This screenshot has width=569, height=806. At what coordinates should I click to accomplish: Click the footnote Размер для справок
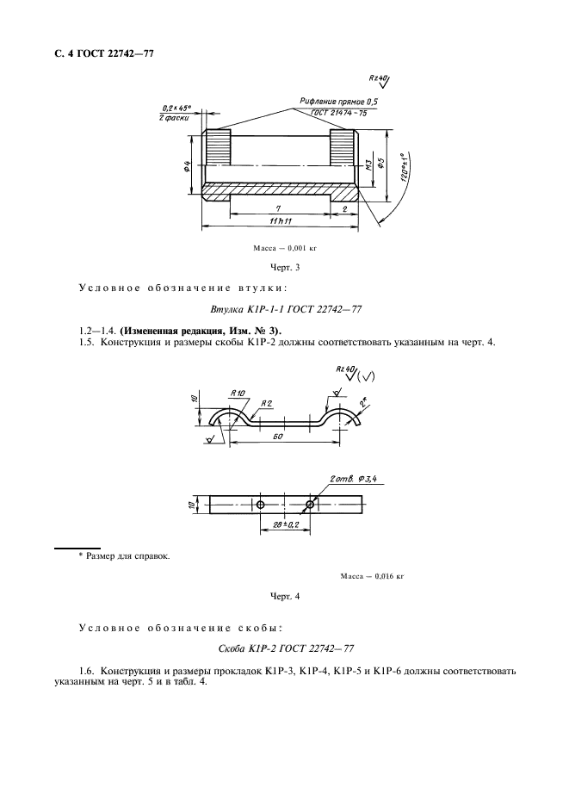pyautogui.click(x=125, y=555)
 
